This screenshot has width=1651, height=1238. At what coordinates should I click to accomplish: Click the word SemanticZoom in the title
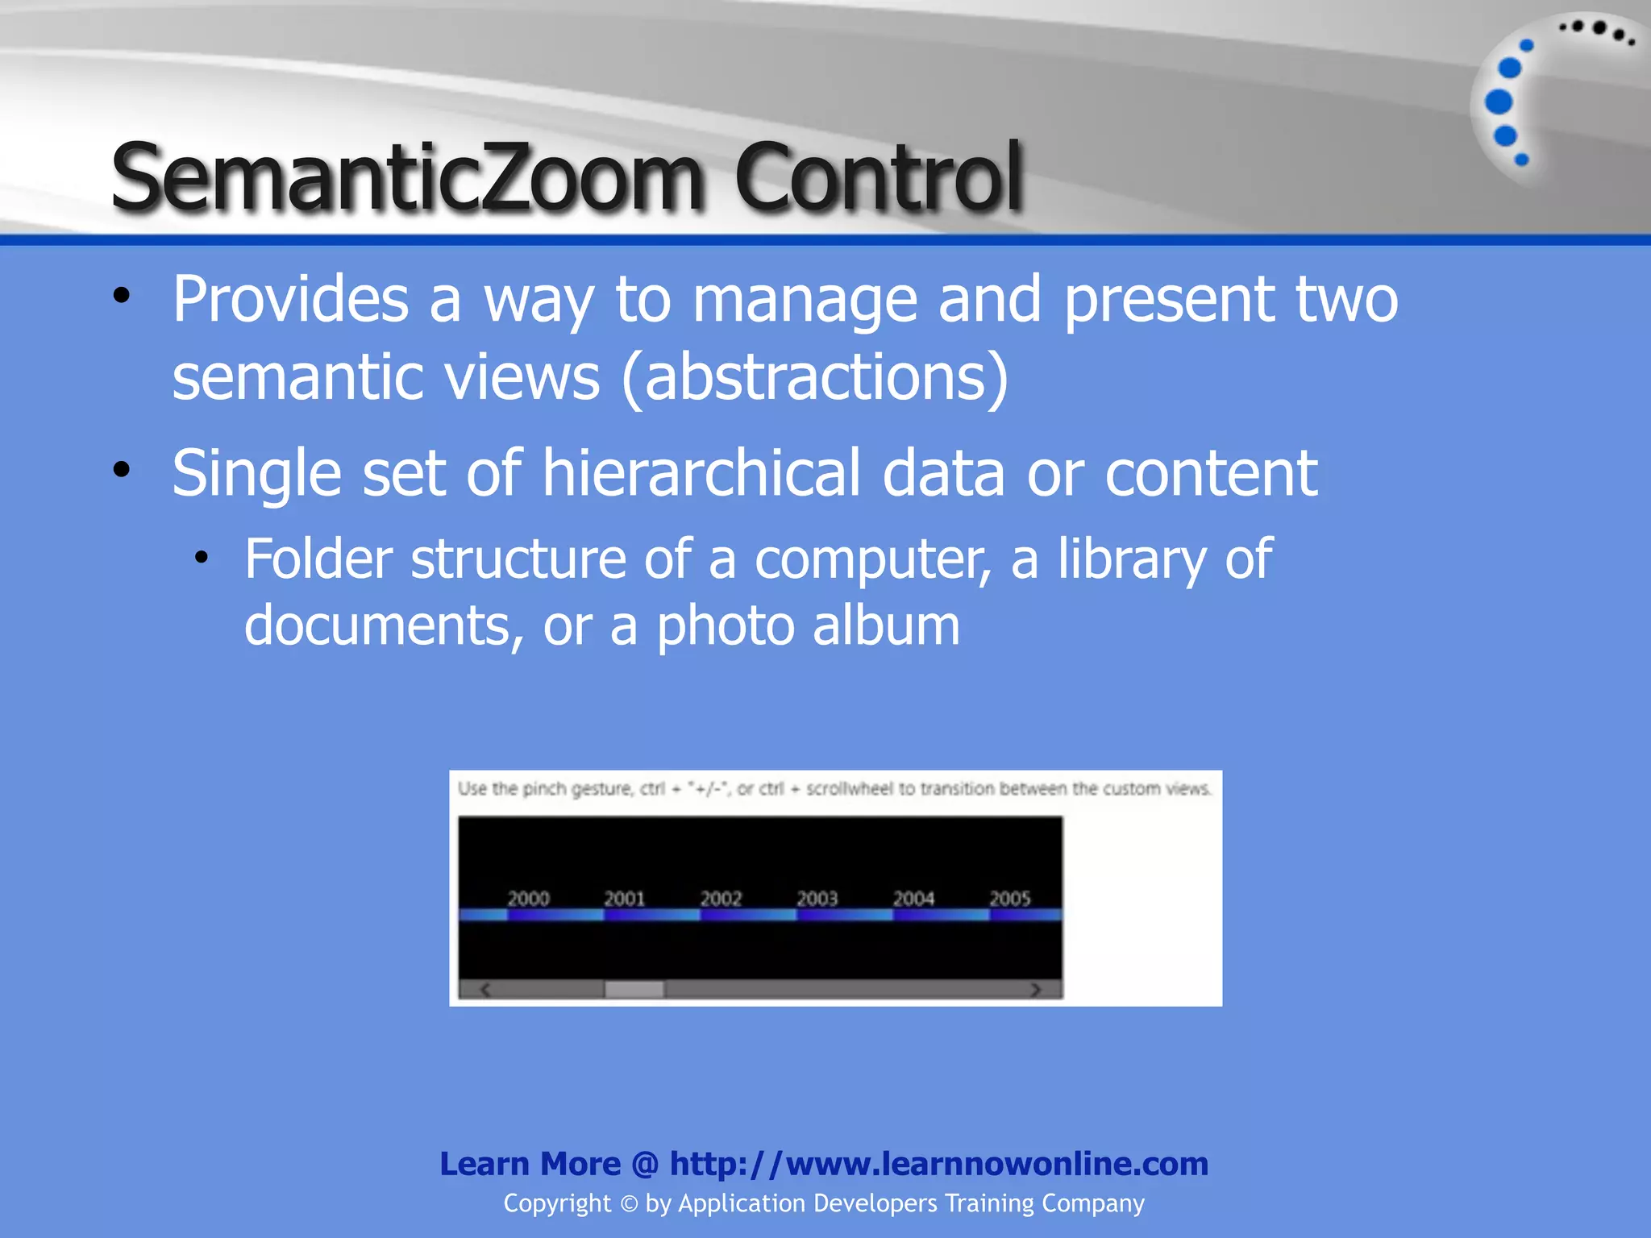point(406,177)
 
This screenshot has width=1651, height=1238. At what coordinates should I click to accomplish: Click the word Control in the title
point(878,177)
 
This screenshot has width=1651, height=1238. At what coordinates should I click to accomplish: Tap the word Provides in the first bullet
point(291,300)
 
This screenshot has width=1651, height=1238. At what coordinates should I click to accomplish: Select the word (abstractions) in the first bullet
point(815,377)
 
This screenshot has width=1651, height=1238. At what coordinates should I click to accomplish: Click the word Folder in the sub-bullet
point(318,559)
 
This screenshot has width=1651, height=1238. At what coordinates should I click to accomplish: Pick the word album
point(886,626)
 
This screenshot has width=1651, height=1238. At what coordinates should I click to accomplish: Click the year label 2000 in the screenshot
point(528,899)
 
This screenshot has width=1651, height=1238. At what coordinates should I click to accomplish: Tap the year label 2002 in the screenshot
point(721,899)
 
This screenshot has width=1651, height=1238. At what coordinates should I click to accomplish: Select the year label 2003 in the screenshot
point(817,899)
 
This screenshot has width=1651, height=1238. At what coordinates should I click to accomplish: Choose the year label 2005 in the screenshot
point(1010,899)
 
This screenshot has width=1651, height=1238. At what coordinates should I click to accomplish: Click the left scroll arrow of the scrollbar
point(485,990)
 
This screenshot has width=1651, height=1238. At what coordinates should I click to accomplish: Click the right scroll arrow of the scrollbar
point(1036,990)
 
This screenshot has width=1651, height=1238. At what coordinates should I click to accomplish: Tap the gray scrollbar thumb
point(634,990)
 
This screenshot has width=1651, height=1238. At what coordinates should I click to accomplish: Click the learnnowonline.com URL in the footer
point(938,1164)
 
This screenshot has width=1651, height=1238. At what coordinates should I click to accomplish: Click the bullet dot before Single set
point(122,469)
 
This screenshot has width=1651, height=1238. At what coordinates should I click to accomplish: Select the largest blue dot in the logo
point(1499,102)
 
